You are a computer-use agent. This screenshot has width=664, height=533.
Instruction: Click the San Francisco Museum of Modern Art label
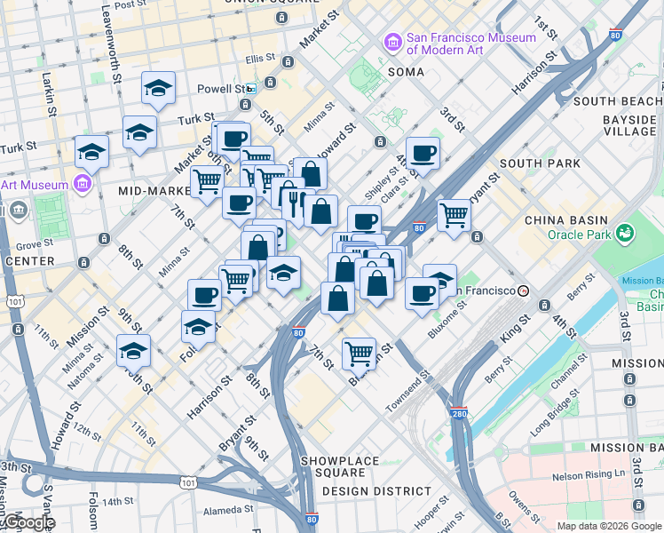click(x=470, y=44)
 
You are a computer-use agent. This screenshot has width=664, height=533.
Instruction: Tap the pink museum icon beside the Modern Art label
click(x=391, y=42)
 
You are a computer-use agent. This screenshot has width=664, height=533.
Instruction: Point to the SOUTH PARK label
click(x=540, y=163)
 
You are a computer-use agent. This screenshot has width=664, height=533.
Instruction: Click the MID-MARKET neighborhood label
click(x=155, y=190)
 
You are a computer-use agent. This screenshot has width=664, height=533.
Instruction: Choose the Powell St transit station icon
click(x=252, y=89)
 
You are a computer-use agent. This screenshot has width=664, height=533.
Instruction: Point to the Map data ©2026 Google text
click(x=608, y=526)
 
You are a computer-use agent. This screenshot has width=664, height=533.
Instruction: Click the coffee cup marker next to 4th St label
click(x=423, y=153)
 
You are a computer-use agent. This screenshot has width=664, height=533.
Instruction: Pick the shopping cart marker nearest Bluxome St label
click(x=359, y=353)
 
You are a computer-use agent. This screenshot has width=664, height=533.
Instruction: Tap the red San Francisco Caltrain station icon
click(x=525, y=290)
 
